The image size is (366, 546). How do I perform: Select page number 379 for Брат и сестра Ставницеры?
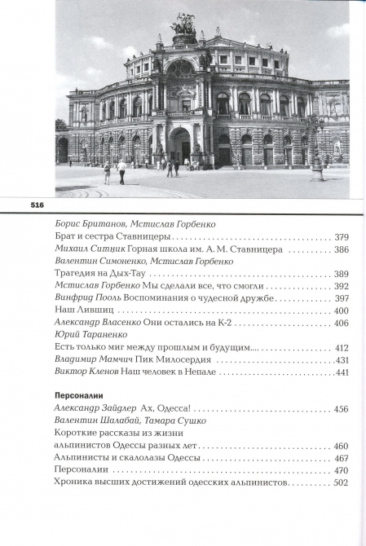coord(342,237)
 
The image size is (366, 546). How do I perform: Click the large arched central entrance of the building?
coord(179,144)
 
